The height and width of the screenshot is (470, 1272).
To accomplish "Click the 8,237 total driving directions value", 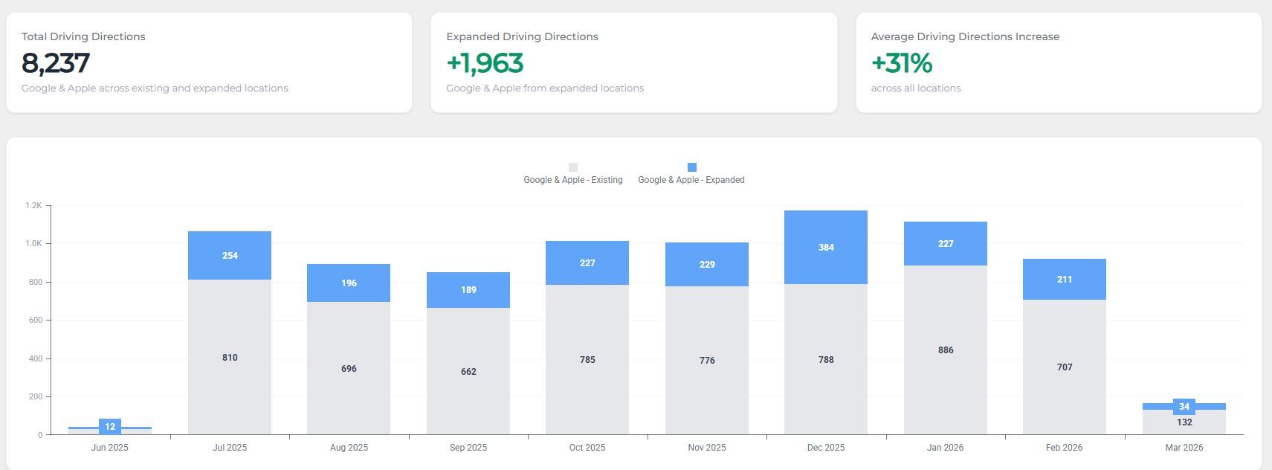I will pyautogui.click(x=56, y=63).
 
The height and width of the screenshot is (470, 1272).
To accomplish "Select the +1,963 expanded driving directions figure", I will pyautogui.click(x=485, y=63).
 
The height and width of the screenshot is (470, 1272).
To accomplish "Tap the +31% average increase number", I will pyautogui.click(x=901, y=63).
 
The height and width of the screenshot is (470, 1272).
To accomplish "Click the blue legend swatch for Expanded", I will pyautogui.click(x=691, y=167).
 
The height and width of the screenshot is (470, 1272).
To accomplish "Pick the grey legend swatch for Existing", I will pyautogui.click(x=572, y=167).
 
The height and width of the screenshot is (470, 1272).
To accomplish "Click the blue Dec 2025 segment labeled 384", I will pyautogui.click(x=826, y=247).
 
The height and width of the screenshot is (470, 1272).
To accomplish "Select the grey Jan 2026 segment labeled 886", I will pyautogui.click(x=945, y=350).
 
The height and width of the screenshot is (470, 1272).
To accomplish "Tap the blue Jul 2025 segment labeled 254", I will pyautogui.click(x=230, y=255).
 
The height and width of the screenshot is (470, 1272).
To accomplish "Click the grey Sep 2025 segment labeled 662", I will pyautogui.click(x=468, y=371).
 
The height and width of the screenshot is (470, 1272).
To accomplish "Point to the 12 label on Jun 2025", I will pyautogui.click(x=110, y=427).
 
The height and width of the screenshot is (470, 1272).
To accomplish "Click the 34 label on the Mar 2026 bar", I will pyautogui.click(x=1184, y=407).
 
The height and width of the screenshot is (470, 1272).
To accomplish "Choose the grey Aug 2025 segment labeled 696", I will pyautogui.click(x=349, y=368).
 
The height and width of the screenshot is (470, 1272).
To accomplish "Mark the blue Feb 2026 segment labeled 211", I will pyautogui.click(x=1065, y=279).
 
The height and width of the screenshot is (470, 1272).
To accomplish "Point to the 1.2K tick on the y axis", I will pyautogui.click(x=33, y=205).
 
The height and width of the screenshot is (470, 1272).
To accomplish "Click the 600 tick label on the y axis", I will pyautogui.click(x=35, y=320).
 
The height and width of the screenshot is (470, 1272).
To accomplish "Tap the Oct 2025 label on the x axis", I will pyautogui.click(x=587, y=448).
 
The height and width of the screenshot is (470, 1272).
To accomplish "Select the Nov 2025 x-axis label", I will pyautogui.click(x=706, y=448).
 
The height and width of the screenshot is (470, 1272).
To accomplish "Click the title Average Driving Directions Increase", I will pyautogui.click(x=965, y=36).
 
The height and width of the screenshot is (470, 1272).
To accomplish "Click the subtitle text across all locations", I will pyautogui.click(x=916, y=88).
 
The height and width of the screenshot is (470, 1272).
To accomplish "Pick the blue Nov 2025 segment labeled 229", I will pyautogui.click(x=707, y=264).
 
